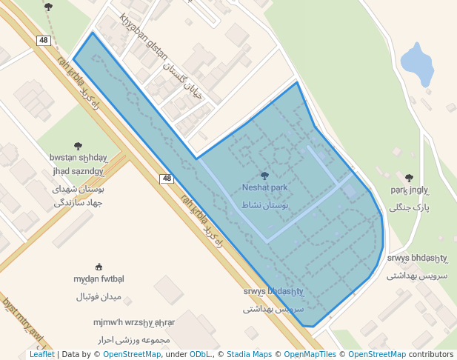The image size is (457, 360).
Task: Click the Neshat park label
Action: [x=264, y=188]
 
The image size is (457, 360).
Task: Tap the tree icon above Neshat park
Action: [x=264, y=176]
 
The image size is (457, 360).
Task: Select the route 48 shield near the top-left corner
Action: [x=44, y=40]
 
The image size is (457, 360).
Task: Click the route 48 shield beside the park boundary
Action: [x=167, y=179]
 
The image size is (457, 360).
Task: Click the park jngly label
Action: [x=410, y=190]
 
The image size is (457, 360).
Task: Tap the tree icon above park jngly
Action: [x=410, y=178]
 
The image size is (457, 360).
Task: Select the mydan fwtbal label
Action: [x=99, y=279]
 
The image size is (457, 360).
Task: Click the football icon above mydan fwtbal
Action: [x=99, y=267]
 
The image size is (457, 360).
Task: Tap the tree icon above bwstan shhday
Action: [x=79, y=146]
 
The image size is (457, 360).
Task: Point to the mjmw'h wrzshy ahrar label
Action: [x=134, y=322]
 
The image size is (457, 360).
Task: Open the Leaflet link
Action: [x=41, y=354]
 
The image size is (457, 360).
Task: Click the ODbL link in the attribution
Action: [x=200, y=354]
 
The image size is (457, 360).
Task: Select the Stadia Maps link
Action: [x=249, y=354]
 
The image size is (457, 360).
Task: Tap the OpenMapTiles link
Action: [x=310, y=354]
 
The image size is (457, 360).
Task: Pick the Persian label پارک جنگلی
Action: [x=410, y=207]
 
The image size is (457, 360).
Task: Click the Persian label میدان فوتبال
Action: [x=99, y=297]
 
